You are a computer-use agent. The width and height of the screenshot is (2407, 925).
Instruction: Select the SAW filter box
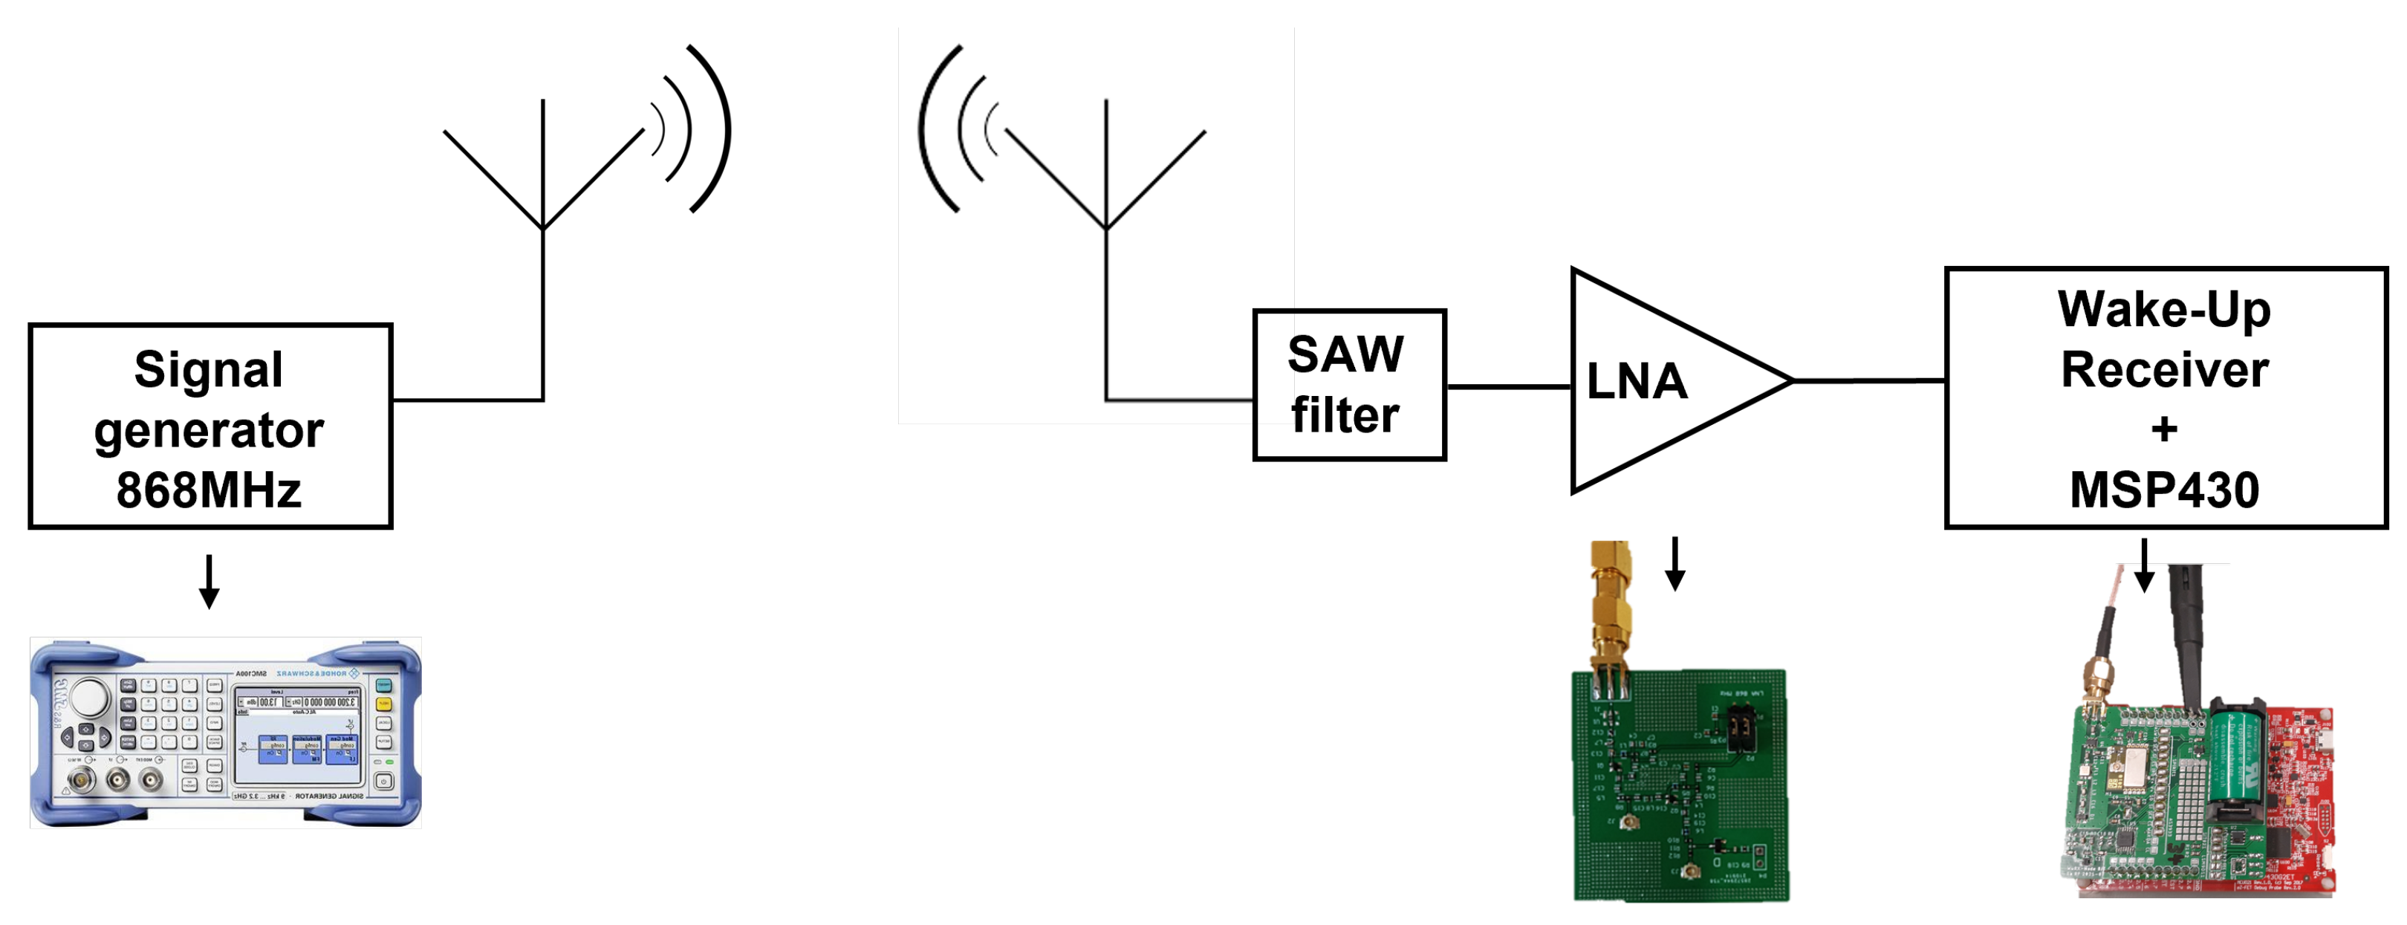click(x=1348, y=385)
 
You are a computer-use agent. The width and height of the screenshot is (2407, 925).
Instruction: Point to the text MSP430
click(x=2164, y=490)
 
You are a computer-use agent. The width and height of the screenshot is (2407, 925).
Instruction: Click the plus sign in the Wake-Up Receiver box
click(x=2164, y=429)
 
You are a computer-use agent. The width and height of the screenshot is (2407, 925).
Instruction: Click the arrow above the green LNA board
click(x=1675, y=563)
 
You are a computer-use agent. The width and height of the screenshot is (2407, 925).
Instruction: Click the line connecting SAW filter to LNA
click(x=1508, y=386)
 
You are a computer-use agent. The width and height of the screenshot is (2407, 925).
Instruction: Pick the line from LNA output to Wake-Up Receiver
click(x=1869, y=380)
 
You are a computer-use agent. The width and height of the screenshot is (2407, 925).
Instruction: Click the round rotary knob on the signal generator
click(x=91, y=696)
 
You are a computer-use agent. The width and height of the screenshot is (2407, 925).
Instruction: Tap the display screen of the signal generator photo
click(x=297, y=736)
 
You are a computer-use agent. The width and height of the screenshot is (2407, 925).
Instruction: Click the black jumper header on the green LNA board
click(x=1740, y=728)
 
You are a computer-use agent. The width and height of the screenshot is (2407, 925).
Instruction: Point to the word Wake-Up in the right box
click(x=2164, y=309)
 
